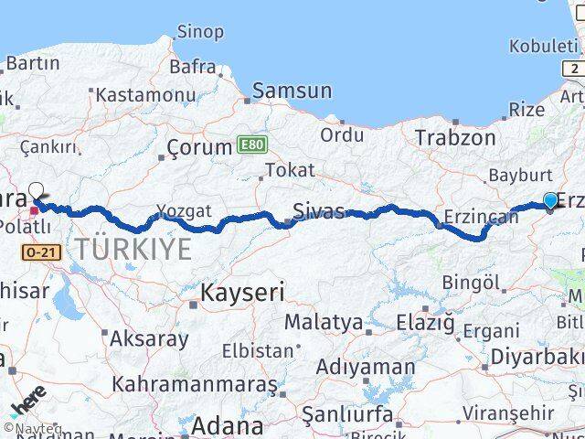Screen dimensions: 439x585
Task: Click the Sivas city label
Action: pyautogui.click(x=318, y=212)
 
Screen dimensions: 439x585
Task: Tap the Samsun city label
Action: pyautogui.click(x=292, y=91)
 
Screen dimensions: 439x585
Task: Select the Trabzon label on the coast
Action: pyautogui.click(x=454, y=137)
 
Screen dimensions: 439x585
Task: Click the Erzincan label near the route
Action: pyautogui.click(x=475, y=218)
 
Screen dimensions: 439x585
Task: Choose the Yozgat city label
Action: pyautogui.click(x=184, y=210)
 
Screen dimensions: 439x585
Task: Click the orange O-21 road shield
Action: pyautogui.click(x=43, y=251)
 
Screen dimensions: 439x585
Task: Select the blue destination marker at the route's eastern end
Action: pyautogui.click(x=550, y=201)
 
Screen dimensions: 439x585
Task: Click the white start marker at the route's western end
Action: pyautogui.click(x=37, y=191)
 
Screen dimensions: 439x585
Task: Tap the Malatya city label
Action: pyautogui.click(x=323, y=322)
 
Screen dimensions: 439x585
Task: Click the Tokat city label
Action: pyautogui.click(x=289, y=170)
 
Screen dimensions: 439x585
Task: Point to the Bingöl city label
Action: pyautogui.click(x=471, y=284)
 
